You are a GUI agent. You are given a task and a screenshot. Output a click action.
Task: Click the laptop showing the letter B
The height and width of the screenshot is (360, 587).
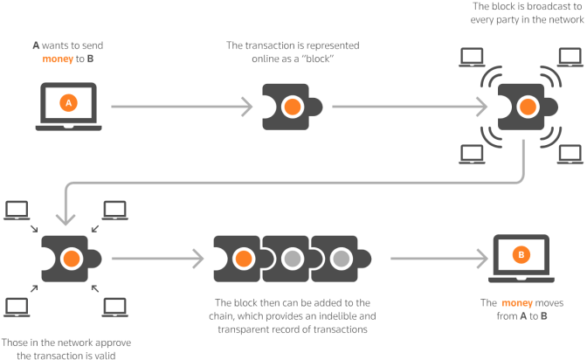(x=521, y=257)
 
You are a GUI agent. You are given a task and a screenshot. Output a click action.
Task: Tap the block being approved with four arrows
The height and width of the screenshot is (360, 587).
(x=70, y=259)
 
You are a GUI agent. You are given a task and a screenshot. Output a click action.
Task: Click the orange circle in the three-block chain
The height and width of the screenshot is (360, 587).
(x=245, y=259)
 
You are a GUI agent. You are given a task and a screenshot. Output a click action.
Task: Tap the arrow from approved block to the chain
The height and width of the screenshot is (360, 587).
(x=157, y=259)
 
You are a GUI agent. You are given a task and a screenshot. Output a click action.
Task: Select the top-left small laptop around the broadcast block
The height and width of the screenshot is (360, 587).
(x=473, y=58)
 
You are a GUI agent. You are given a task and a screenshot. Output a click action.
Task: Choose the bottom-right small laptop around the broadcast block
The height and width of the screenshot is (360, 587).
(x=570, y=154)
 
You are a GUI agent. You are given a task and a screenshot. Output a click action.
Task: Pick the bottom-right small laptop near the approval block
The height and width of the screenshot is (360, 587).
(x=115, y=306)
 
